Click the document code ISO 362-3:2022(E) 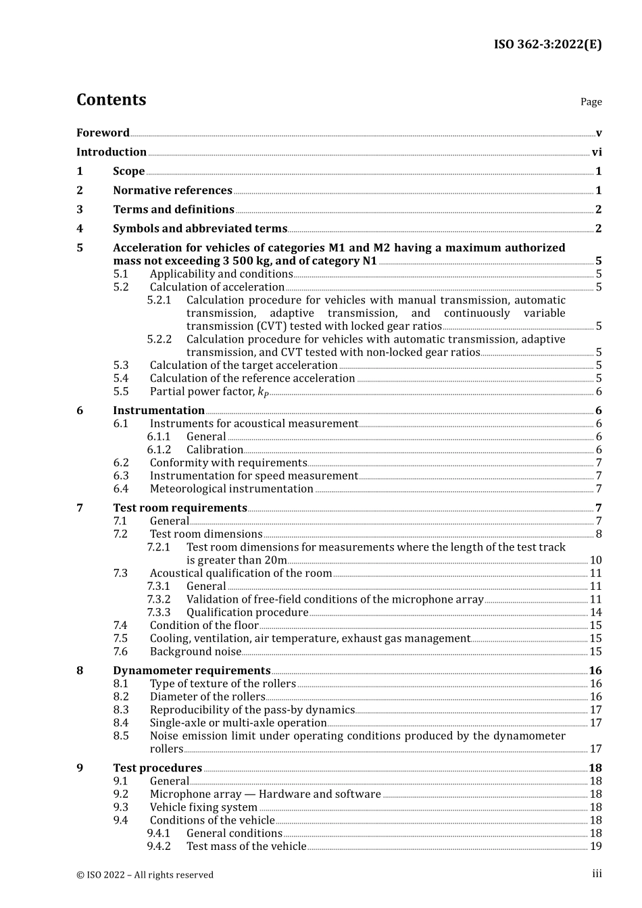pos(547,45)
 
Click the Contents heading pos(111,99)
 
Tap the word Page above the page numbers pos(591,101)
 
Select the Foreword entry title pos(103,132)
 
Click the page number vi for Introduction pos(597,152)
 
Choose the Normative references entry pos(172,191)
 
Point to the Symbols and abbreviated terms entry pos(200,228)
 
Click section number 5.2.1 pos(159,300)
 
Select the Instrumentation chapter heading pos(159,411)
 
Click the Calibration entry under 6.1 pos(215,450)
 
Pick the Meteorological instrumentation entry pos(232,489)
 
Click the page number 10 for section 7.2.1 pos(595,560)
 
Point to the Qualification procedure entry pos(247,613)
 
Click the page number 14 pos(595,613)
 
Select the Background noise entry pos(195,652)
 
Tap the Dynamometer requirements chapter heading pos(192,671)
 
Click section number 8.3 pos(121,710)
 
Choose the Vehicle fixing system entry pos(203,807)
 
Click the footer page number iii pos(597,874)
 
